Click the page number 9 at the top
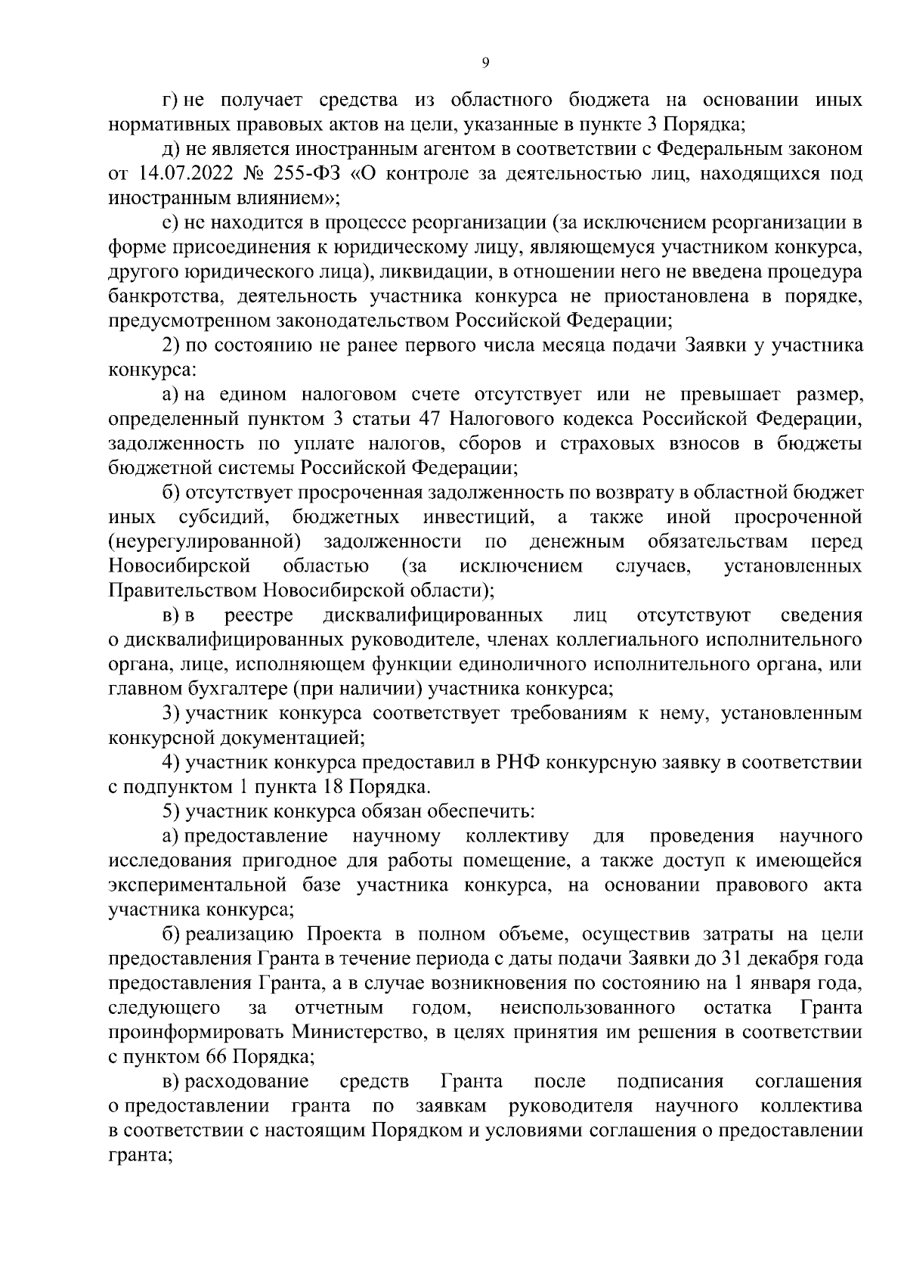(484, 64)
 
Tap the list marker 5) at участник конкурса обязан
(171, 811)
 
